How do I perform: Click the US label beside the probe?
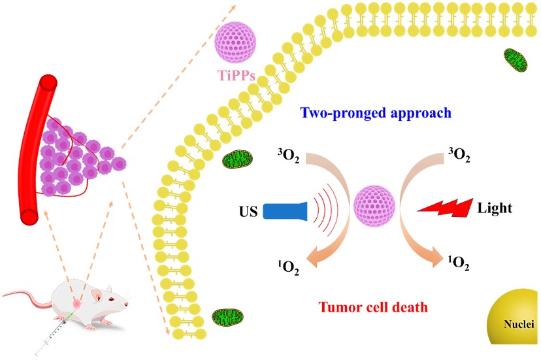(248, 212)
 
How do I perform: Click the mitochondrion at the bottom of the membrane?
(228, 319)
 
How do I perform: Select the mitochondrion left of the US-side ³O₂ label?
(233, 159)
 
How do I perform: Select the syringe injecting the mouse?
(56, 331)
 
